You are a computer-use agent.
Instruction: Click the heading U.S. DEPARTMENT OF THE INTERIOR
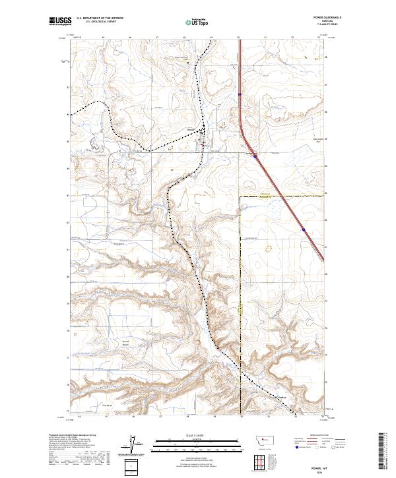pyautogui.click(x=100, y=18)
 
